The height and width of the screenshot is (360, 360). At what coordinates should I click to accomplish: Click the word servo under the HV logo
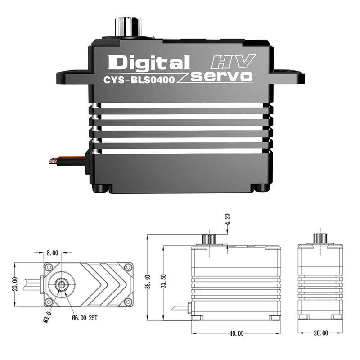221,76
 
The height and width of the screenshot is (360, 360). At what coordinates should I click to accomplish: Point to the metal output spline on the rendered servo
128,26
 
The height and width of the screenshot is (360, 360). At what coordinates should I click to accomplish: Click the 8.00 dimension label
52,253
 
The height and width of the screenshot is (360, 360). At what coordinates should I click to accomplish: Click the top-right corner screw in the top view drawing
128,267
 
